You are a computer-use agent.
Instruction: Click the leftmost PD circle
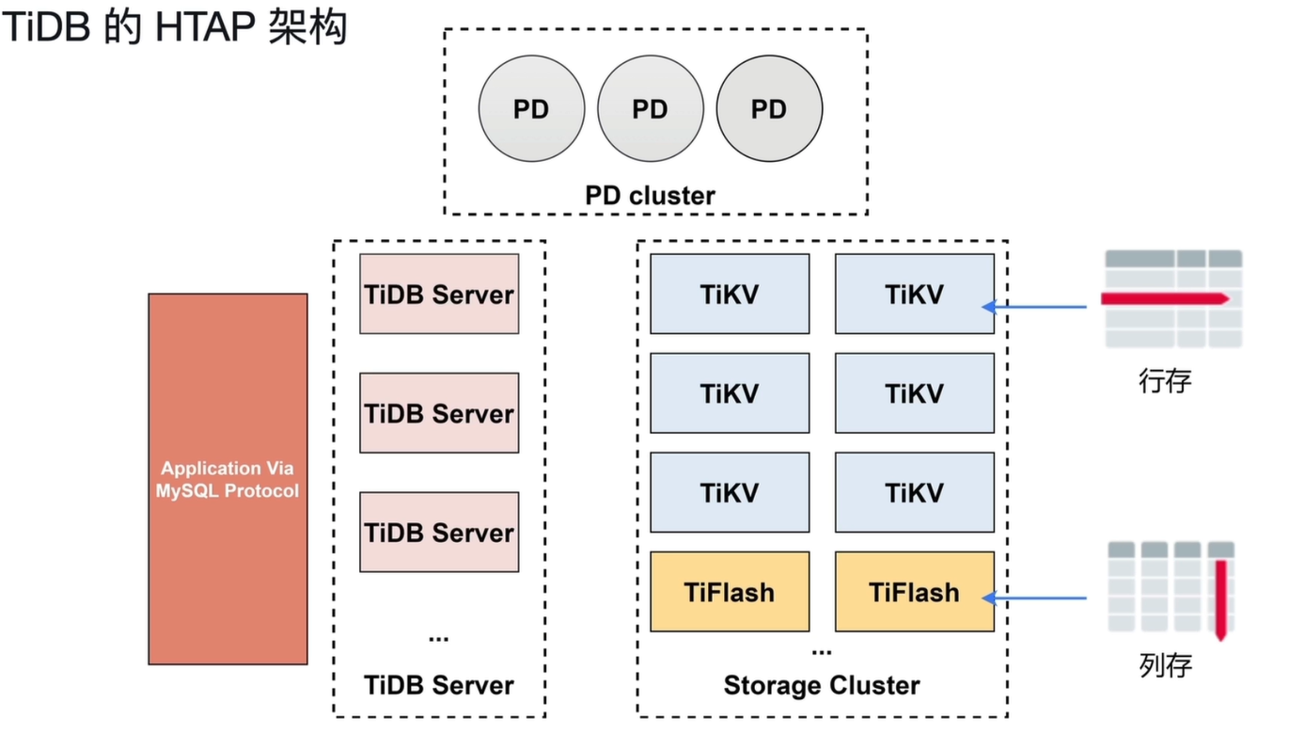click(531, 109)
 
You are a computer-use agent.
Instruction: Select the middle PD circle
click(651, 109)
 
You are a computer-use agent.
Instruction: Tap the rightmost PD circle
click(769, 109)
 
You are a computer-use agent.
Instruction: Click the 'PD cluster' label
click(651, 196)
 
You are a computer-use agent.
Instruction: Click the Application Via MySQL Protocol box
click(228, 479)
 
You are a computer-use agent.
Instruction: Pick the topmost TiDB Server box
click(439, 294)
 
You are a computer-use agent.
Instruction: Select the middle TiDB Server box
click(439, 413)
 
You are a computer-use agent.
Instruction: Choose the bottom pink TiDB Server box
click(439, 532)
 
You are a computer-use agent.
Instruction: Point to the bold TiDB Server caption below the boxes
click(439, 685)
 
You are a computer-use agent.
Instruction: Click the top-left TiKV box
click(730, 294)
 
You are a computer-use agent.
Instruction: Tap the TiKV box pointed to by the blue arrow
click(915, 294)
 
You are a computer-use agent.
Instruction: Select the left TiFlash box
click(730, 592)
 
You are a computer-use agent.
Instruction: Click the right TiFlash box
click(915, 592)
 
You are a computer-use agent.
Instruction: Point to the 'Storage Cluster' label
click(822, 686)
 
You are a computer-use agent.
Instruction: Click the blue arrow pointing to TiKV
click(1034, 307)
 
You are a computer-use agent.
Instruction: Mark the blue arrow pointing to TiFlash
click(1034, 598)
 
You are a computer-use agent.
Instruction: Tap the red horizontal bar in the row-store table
click(1165, 299)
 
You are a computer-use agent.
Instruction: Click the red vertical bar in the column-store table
click(1221, 600)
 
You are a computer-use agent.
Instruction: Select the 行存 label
click(1165, 381)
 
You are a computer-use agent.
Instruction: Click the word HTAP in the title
click(205, 26)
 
